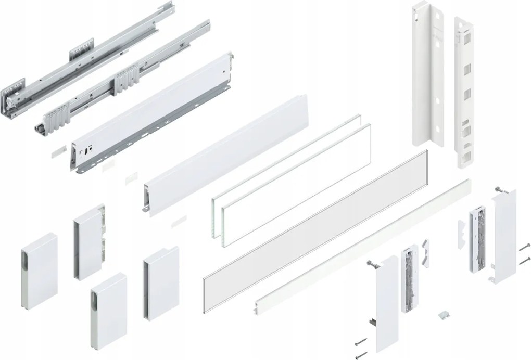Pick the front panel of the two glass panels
[297, 182]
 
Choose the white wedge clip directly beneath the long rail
[426, 250]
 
